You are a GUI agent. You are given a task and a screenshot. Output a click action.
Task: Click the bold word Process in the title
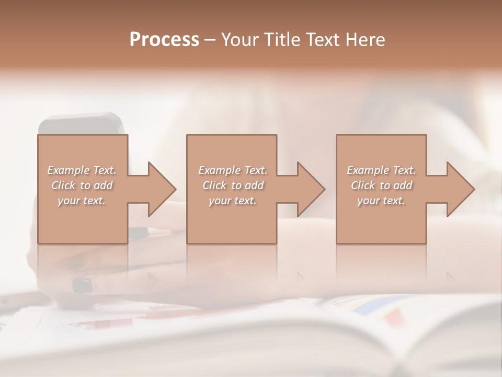click(164, 40)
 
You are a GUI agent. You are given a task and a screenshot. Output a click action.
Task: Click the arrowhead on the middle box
click(310, 189)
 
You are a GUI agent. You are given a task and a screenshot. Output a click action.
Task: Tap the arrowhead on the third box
click(459, 189)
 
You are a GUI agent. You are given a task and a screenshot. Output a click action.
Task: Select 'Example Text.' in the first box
click(82, 170)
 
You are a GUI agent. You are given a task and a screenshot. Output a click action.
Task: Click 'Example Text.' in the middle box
click(232, 170)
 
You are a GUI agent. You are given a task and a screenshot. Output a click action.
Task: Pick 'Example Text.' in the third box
click(381, 170)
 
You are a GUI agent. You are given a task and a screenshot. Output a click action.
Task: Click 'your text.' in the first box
click(82, 201)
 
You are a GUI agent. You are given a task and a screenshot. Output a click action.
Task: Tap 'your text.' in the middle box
click(232, 201)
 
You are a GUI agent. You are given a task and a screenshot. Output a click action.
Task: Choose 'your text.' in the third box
click(381, 201)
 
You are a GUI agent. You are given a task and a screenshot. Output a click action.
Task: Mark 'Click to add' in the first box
click(82, 185)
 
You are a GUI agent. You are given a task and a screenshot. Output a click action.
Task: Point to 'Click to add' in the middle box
click(232, 185)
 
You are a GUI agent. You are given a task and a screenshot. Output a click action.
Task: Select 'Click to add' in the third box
click(381, 185)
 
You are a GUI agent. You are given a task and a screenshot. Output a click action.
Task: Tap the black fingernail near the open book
click(82, 285)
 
